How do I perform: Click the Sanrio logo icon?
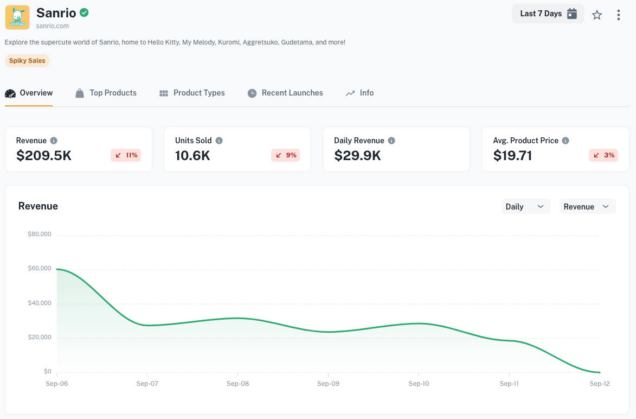(17, 17)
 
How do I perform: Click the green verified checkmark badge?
(84, 12)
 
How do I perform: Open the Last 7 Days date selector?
(548, 14)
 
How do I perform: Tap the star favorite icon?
(597, 15)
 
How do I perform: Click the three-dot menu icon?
(618, 15)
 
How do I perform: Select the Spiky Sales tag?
(27, 61)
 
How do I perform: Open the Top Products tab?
(106, 93)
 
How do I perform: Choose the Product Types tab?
(192, 93)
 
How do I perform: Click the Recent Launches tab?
(285, 93)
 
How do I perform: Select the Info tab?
(360, 93)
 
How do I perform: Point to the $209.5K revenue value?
(44, 156)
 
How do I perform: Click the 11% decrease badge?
(126, 155)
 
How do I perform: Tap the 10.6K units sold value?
(192, 156)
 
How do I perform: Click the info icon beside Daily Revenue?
(391, 141)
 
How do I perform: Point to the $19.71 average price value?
(512, 156)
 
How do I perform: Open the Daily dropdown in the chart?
(525, 206)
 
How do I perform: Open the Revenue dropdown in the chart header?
(587, 206)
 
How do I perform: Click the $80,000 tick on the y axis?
(40, 234)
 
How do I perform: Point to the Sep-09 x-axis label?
(328, 384)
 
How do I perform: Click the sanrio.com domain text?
(53, 26)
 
